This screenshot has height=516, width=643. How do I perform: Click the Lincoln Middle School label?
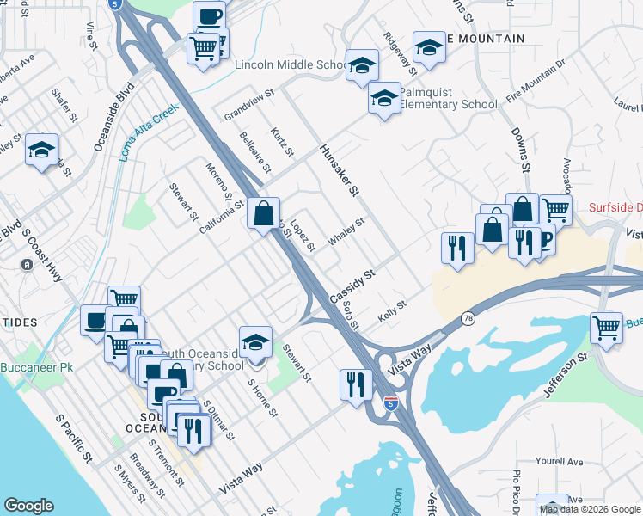290,65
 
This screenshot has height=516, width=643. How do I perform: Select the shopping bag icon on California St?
264,213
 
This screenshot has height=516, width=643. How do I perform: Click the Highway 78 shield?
467,317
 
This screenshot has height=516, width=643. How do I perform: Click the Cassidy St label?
352,287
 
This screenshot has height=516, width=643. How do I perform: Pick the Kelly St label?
392,312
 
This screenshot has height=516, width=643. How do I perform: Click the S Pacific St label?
74,439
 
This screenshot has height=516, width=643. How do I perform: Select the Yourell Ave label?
560,462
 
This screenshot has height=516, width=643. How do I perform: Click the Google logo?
28,505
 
